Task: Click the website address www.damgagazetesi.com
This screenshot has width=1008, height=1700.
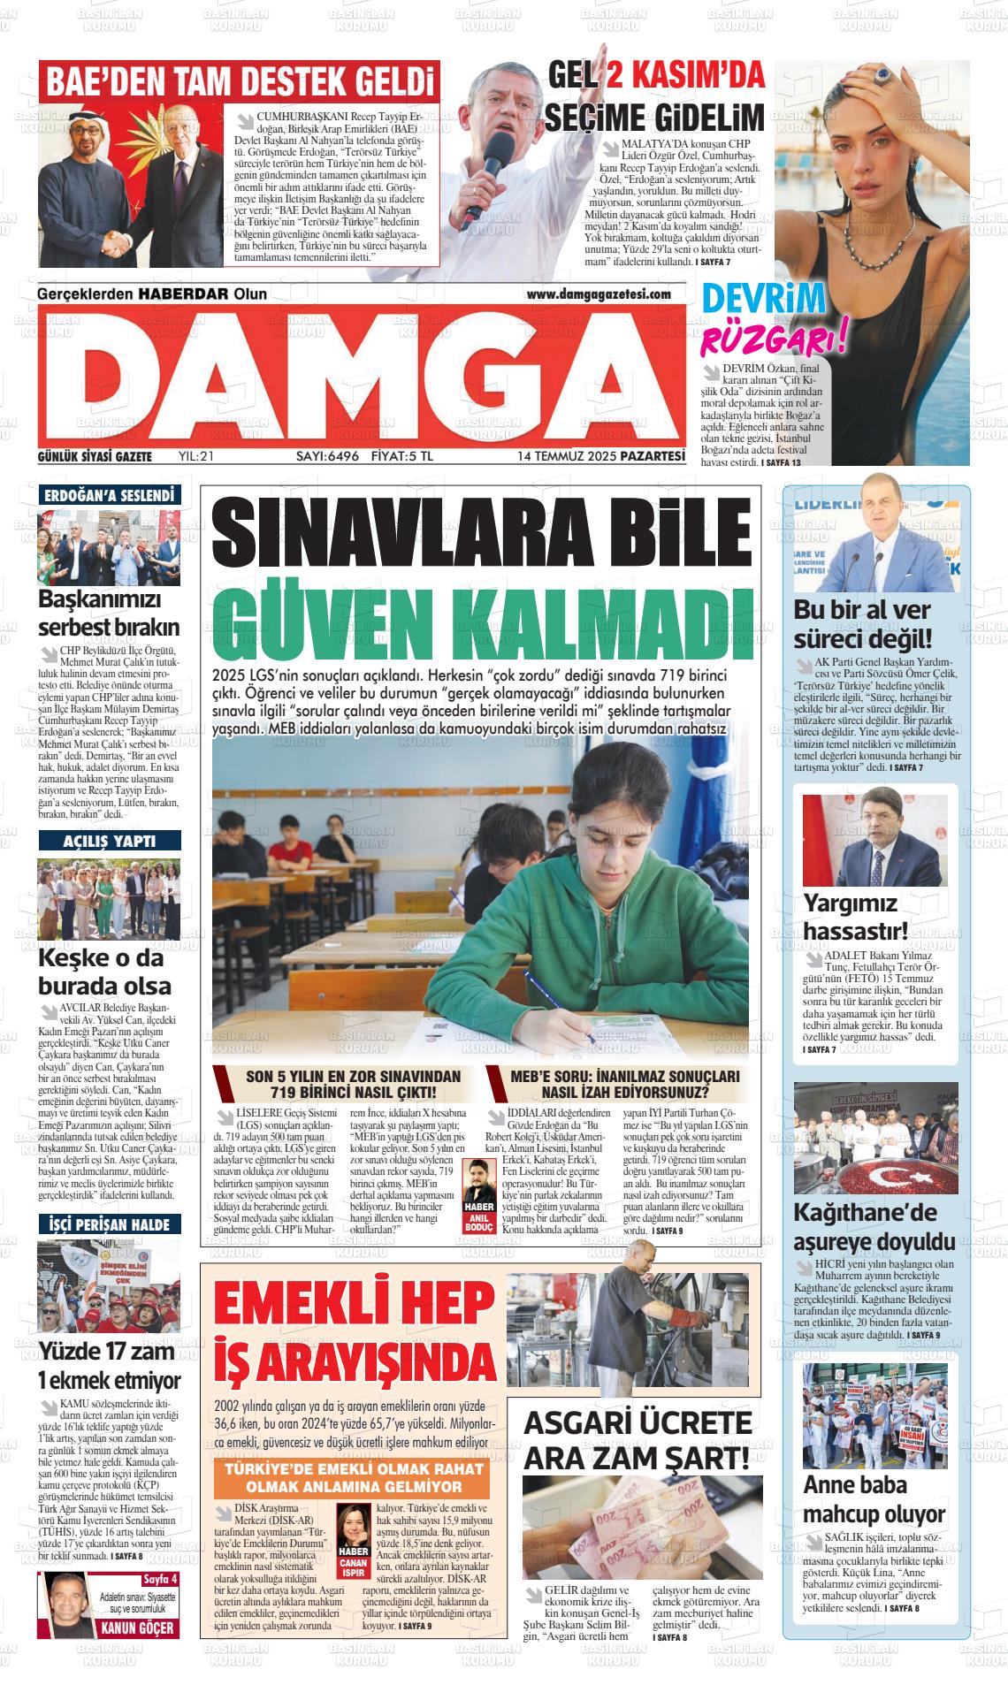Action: [599, 294]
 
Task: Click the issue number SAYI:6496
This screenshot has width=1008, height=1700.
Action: [326, 457]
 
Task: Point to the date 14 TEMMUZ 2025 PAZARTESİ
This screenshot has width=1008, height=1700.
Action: [601, 457]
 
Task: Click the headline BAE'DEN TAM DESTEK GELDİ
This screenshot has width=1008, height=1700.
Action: [240, 82]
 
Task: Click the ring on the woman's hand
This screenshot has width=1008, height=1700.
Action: [882, 77]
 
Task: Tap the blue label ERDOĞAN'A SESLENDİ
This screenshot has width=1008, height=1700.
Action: [109, 496]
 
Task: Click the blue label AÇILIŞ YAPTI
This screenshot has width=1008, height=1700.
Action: [110, 841]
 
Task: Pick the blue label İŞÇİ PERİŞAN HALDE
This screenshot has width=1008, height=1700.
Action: [110, 1225]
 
